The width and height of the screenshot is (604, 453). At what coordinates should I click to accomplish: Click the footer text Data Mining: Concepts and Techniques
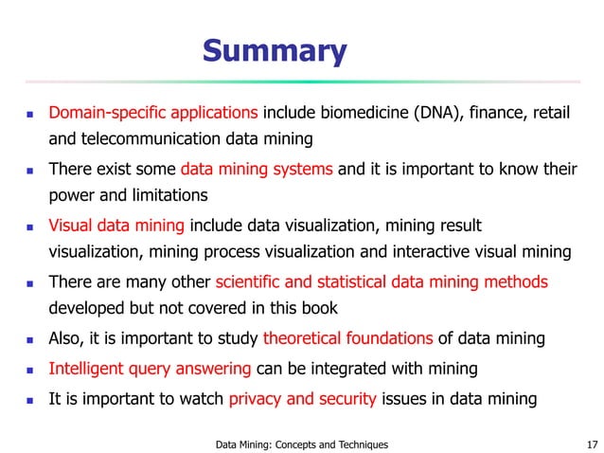(301, 443)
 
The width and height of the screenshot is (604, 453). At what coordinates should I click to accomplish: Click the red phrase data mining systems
(257, 171)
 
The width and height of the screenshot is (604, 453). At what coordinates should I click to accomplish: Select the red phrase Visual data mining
(117, 226)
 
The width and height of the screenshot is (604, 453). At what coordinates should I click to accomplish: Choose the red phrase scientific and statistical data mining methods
(382, 282)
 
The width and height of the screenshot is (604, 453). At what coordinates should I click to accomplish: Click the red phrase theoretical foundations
(347, 338)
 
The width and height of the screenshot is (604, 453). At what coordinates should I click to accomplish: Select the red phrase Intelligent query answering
(150, 369)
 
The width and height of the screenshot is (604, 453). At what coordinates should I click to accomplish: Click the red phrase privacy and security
(302, 398)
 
